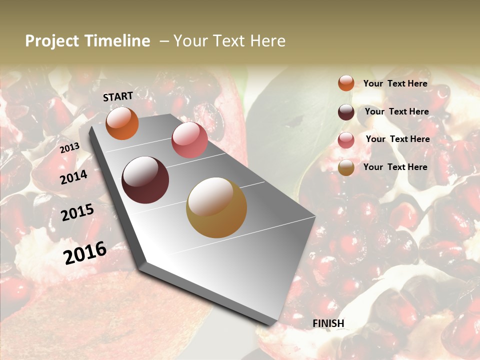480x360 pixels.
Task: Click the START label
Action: click(118, 96)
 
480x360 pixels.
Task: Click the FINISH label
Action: click(328, 323)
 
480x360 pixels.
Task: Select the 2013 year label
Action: click(69, 148)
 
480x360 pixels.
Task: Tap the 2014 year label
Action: click(73, 177)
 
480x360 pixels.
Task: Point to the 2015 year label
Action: click(77, 212)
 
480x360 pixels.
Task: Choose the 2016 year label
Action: click(85, 253)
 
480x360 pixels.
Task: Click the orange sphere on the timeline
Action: click(122, 123)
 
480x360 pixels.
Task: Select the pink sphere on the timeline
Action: click(189, 140)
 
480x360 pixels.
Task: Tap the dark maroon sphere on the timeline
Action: click(145, 180)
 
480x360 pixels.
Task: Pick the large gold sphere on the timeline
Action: click(216, 207)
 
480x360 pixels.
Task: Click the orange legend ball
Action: click(346, 83)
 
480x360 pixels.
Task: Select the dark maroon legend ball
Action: click(346, 112)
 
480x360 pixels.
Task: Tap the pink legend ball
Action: click(346, 140)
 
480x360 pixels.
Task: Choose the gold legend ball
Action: click(346, 167)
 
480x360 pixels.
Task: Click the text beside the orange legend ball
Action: click(395, 83)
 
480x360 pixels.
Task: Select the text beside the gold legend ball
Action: click(395, 167)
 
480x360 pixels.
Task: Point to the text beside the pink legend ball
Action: click(397, 139)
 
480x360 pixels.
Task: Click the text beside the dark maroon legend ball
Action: click(396, 111)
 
